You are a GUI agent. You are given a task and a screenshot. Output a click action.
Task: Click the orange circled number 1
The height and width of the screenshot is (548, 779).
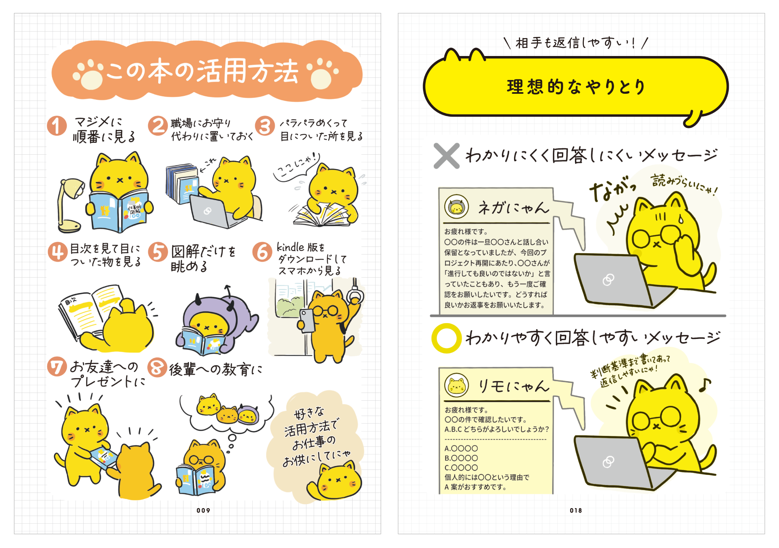(57, 125)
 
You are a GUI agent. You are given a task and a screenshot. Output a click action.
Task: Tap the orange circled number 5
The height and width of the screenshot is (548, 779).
(158, 252)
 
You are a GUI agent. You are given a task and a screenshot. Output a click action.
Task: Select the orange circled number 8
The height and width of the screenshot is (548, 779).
(157, 367)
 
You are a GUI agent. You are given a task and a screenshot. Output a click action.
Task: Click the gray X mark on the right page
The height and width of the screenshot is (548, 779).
(446, 155)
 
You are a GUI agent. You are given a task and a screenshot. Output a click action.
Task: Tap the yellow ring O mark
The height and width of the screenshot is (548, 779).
(446, 338)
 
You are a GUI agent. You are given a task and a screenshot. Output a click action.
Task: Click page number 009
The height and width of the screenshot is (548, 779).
(203, 510)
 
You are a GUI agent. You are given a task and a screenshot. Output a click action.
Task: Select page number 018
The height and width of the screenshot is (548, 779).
(576, 510)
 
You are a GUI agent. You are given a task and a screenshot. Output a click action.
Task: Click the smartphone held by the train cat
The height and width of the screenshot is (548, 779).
(308, 321)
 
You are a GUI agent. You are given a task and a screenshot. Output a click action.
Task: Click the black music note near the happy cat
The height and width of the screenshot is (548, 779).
(704, 385)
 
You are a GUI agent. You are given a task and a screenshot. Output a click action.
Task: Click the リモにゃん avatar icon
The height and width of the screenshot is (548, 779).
(456, 385)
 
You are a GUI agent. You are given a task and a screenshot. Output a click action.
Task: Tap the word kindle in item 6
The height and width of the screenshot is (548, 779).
(291, 247)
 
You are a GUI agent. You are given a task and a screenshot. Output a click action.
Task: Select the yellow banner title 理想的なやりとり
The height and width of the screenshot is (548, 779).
(576, 87)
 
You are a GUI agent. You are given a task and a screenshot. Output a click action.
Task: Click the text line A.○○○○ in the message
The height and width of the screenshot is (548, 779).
(461, 449)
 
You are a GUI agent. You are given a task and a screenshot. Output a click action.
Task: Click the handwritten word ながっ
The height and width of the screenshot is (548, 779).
(613, 189)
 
